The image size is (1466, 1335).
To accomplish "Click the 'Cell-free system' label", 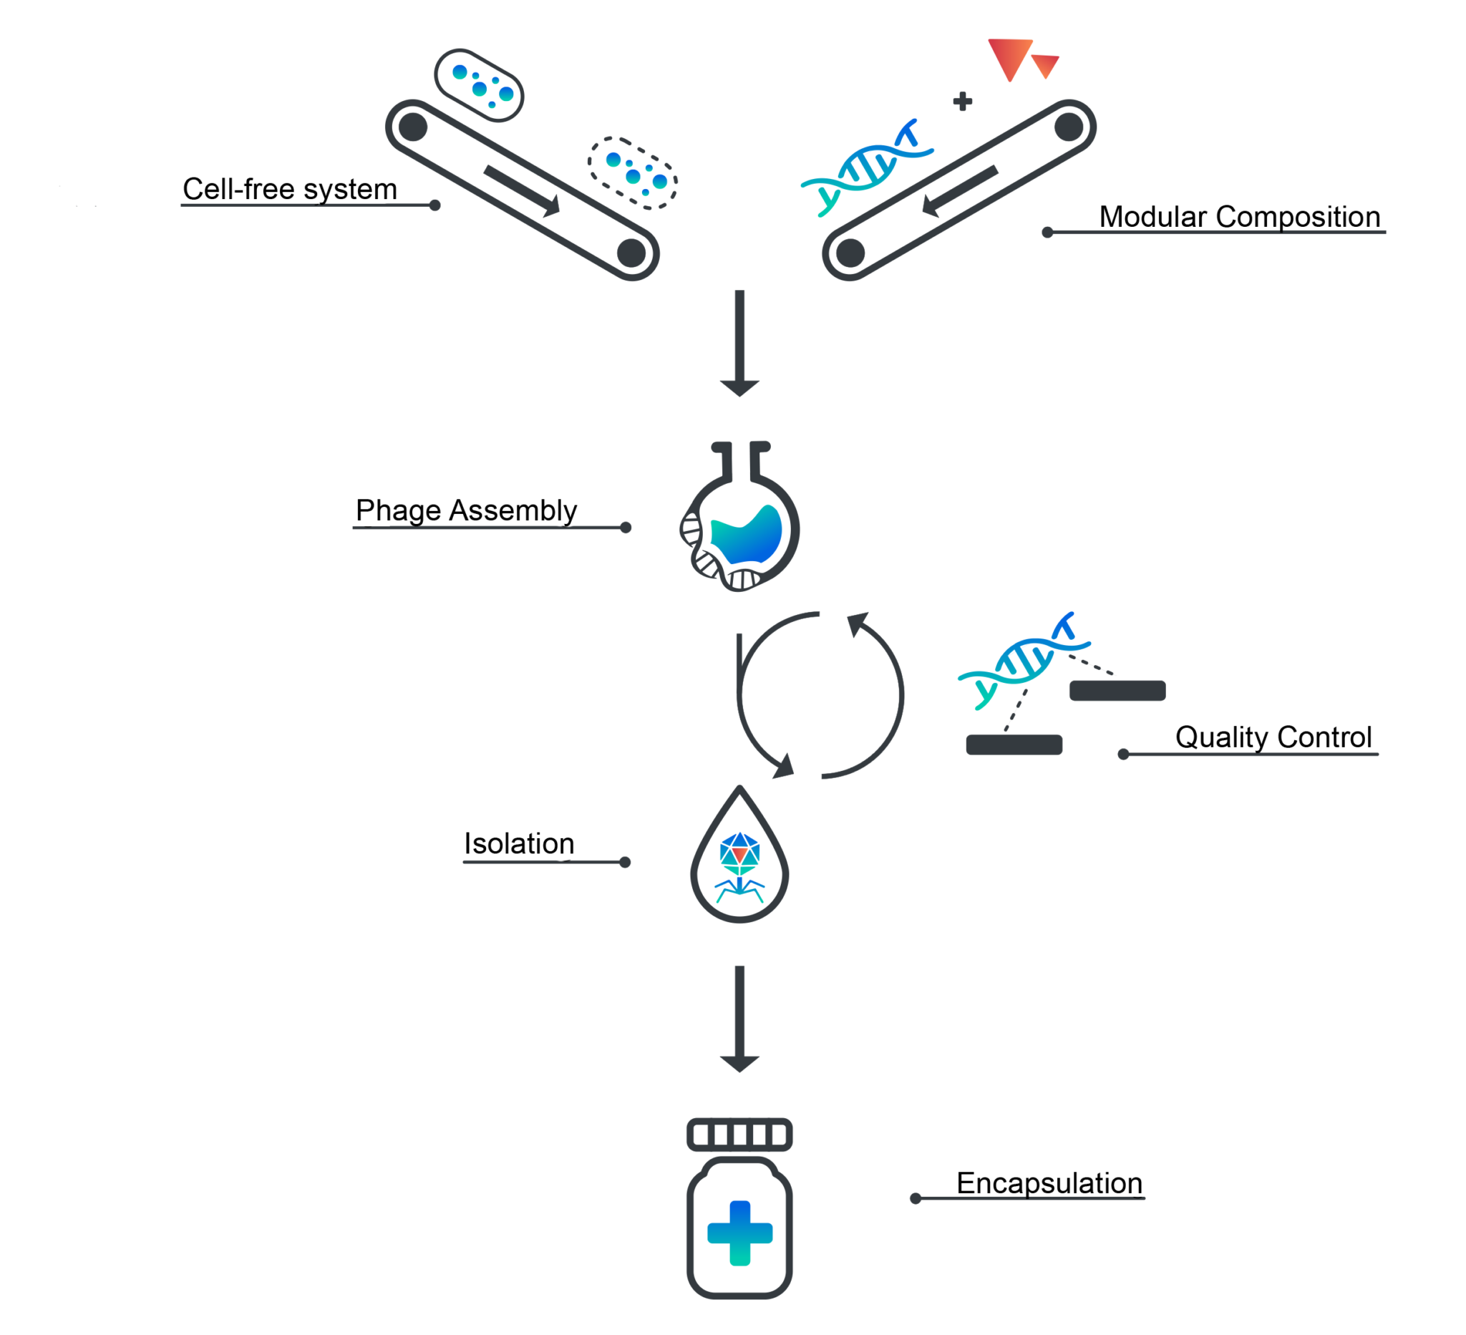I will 289,189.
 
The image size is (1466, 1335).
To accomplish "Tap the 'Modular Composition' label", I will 1239,217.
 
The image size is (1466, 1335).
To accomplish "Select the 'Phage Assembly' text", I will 466,510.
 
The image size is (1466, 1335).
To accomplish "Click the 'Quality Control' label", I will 1273,737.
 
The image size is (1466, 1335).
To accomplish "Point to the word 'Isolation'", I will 519,843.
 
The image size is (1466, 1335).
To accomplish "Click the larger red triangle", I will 1009,57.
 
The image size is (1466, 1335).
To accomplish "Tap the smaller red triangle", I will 1046,64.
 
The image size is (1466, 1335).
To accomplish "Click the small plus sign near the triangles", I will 962,101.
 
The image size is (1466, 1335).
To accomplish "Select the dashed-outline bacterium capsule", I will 633,173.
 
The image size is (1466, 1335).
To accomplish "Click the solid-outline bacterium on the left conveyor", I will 479,86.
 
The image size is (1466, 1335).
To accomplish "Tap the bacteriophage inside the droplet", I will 739,865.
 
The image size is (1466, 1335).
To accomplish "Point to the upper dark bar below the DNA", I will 1117,690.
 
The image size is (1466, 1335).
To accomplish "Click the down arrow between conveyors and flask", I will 739,341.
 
